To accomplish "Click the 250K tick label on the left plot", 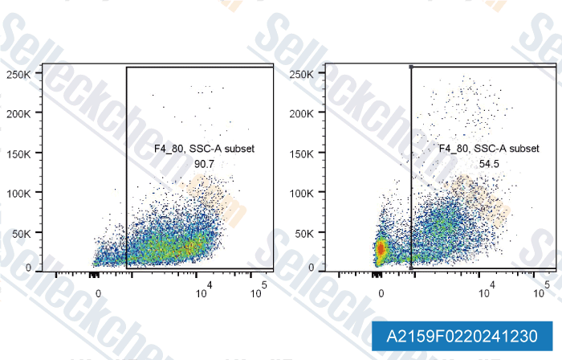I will [19, 74].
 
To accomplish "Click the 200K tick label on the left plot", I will [19, 114].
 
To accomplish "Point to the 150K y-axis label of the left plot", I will [19, 153].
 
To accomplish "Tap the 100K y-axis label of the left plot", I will [19, 193].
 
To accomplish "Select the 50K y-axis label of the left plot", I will [22, 233].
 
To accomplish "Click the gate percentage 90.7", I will [204, 164].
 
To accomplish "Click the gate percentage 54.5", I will [489, 164].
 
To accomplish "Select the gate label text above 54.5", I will [489, 149].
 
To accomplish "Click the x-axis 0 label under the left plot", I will [99, 293].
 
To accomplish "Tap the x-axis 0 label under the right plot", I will [382, 293].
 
